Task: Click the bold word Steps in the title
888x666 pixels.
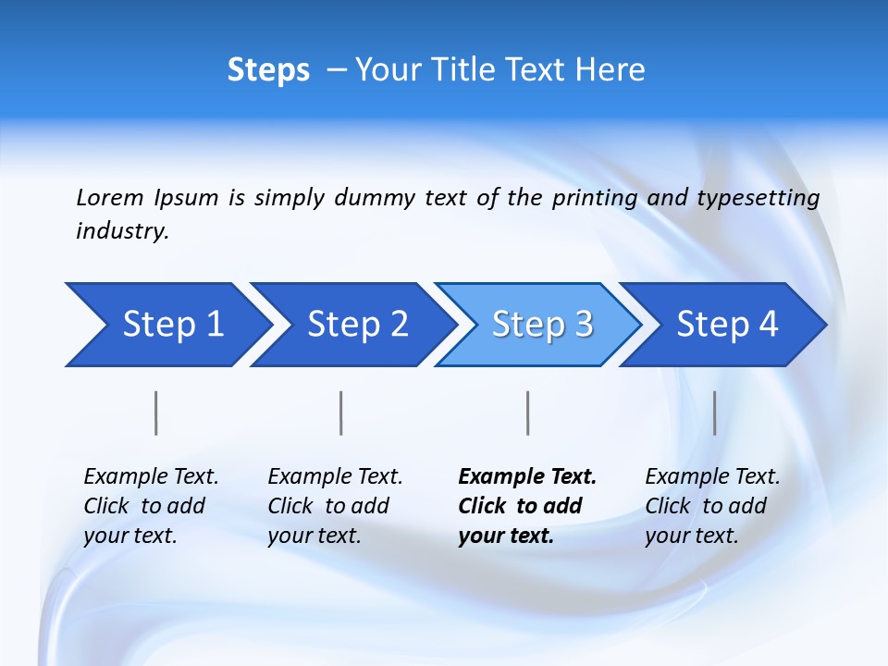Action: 268,70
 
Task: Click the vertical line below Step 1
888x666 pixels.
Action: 156,413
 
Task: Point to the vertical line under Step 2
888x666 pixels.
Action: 341,413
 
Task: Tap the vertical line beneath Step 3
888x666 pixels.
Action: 527,413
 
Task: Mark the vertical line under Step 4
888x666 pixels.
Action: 714,413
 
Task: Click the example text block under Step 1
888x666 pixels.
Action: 150,506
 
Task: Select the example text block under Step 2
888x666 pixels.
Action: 334,506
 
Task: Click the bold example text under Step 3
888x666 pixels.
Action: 526,506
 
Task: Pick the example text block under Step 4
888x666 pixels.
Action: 711,506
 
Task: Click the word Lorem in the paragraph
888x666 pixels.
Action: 110,198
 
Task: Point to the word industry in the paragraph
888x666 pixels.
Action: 121,231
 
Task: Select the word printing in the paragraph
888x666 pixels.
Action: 594,198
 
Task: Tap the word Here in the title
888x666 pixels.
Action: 611,70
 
